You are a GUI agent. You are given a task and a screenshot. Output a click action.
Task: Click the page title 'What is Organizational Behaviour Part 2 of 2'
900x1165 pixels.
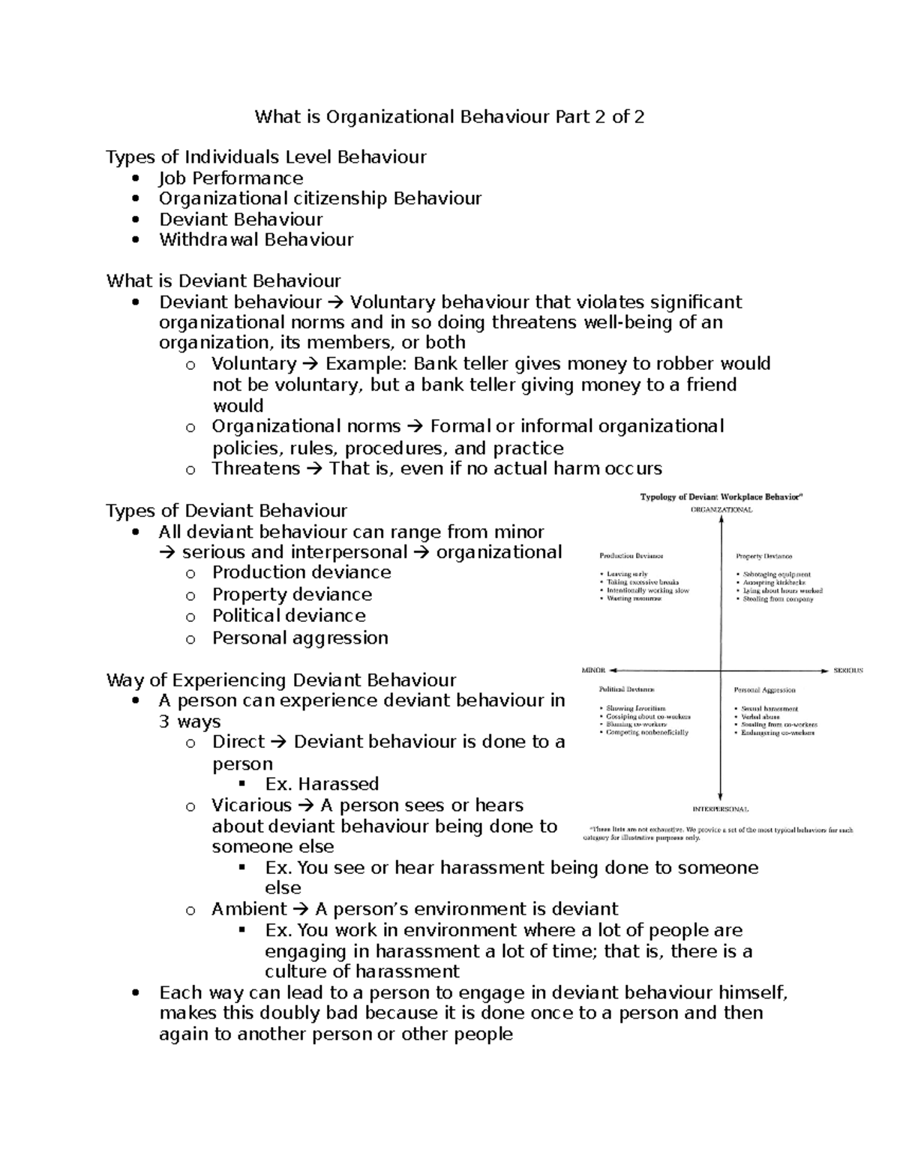click(449, 117)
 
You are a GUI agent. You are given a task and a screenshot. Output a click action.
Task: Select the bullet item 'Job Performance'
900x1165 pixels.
click(231, 179)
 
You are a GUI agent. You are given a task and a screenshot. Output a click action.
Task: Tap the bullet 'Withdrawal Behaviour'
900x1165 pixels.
click(256, 240)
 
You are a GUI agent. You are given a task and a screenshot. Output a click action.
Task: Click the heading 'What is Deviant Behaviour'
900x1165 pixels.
click(223, 281)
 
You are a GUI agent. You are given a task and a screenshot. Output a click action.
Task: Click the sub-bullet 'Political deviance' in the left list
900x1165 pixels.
click(289, 616)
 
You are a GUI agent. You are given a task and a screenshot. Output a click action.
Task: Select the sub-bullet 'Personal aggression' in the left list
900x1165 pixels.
click(300, 638)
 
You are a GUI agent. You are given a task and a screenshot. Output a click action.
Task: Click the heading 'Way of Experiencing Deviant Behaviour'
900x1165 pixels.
click(281, 680)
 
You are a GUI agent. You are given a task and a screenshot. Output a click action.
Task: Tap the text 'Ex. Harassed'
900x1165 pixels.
click(322, 784)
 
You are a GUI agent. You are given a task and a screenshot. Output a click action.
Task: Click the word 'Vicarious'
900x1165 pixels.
click(251, 806)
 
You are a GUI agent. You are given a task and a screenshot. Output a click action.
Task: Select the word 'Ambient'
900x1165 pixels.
click(249, 909)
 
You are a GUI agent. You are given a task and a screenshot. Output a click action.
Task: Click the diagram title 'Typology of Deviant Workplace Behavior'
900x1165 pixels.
click(721, 497)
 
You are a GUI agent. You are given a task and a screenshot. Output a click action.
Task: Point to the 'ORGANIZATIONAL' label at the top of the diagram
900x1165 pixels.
click(721, 510)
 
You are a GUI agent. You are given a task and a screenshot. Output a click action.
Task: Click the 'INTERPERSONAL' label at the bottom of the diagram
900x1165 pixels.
click(720, 809)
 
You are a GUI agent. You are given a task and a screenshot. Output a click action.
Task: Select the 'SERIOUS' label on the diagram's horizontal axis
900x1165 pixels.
click(848, 670)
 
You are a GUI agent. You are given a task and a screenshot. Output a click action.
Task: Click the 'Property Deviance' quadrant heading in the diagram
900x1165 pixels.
click(763, 557)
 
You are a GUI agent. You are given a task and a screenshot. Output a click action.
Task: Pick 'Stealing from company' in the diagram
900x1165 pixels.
click(778, 599)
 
